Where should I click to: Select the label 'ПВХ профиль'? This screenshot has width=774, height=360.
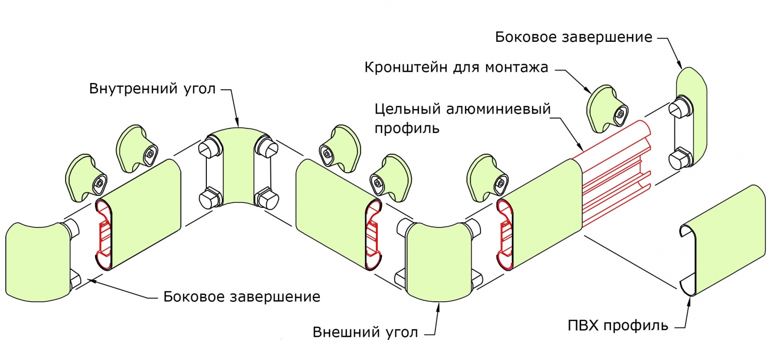(x=618, y=325)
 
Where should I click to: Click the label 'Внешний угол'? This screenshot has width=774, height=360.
(x=365, y=332)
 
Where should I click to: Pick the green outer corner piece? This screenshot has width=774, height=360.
(x=438, y=263)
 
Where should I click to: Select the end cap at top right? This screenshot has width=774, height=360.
(x=691, y=119)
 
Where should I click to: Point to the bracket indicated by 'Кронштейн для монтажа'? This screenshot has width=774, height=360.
(x=607, y=108)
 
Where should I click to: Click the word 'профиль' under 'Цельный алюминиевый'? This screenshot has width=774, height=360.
(x=407, y=128)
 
